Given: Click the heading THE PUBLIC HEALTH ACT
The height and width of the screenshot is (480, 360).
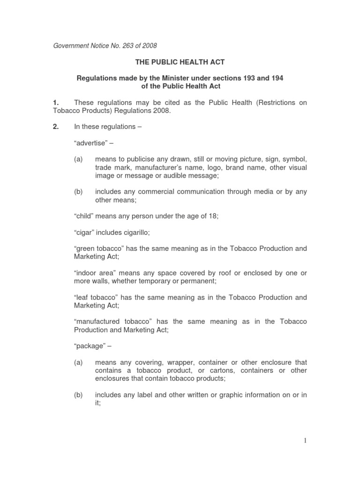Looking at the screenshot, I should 180,61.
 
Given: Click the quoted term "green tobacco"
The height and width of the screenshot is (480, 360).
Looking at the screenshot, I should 99,248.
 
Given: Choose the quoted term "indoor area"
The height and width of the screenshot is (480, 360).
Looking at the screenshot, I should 95,273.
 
